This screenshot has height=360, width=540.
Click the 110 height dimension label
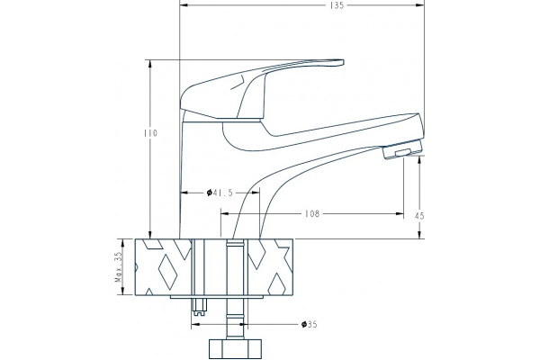pyautogui.click(x=150, y=133)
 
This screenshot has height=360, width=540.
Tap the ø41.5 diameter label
pyautogui.click(x=220, y=193)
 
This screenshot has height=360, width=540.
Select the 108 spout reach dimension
pyautogui.click(x=312, y=214)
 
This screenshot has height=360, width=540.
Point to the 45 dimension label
pyautogui.click(x=419, y=216)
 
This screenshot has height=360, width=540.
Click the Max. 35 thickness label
pyautogui.click(x=119, y=267)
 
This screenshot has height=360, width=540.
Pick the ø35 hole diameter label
pyautogui.click(x=309, y=325)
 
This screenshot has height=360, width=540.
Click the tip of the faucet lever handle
pyautogui.click(x=343, y=62)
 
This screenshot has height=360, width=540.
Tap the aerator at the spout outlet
pyautogui.click(x=402, y=150)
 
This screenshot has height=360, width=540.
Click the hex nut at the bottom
pyautogui.click(x=235, y=348)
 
